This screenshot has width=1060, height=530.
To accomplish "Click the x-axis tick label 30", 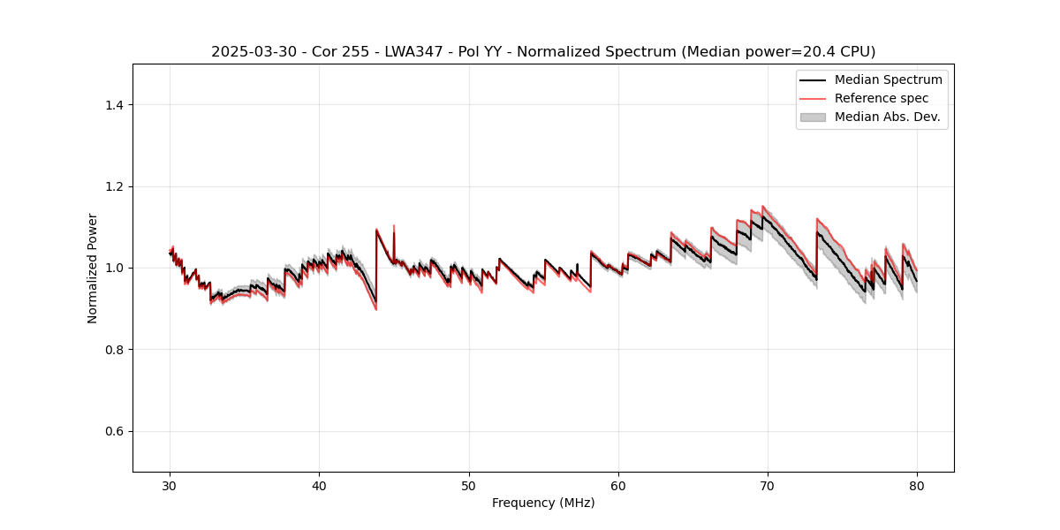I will coord(170,485).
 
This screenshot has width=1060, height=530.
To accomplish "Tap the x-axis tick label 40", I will coord(319,485).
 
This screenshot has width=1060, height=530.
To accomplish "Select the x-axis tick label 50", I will coord(469,485).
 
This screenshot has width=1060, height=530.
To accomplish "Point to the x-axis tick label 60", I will coord(618,485).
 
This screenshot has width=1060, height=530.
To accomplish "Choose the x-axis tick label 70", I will coord(768,485).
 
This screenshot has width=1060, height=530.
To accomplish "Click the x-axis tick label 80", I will coord(917,485).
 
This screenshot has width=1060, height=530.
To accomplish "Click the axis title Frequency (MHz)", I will coord(543,503).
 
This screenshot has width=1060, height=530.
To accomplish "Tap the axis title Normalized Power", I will coord(93,268).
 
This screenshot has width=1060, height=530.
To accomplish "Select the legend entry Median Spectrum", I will coord(888,79).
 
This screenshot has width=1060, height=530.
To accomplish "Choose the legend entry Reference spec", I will coord(882,98).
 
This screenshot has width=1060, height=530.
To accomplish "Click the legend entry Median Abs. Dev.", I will coord(887,117).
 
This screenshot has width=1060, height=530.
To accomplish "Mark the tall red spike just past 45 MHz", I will coord(394,227).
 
